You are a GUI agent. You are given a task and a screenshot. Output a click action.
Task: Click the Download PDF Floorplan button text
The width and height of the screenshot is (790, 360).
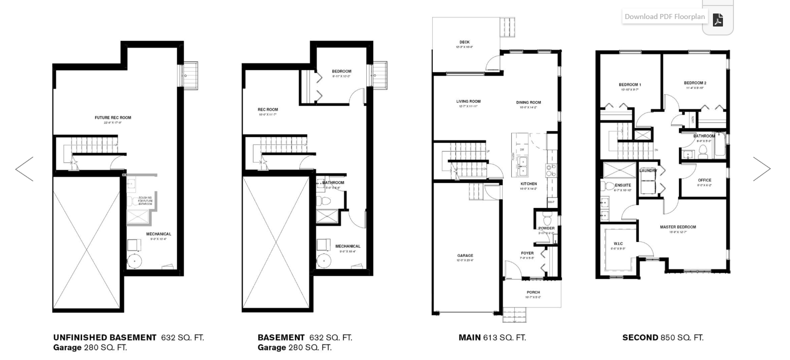click(664, 16)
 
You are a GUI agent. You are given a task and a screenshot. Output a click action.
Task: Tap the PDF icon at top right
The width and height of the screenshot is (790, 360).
click(718, 20)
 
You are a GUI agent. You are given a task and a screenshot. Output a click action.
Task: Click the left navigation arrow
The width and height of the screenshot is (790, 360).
click(24, 169)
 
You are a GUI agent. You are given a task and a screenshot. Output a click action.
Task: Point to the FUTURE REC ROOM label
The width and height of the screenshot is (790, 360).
click(113, 118)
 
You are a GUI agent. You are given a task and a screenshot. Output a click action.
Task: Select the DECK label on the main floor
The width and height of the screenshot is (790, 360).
click(464, 42)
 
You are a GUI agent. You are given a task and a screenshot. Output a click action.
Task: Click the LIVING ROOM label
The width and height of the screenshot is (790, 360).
click(468, 101)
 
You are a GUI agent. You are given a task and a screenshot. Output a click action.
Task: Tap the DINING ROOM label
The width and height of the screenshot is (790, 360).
click(528, 102)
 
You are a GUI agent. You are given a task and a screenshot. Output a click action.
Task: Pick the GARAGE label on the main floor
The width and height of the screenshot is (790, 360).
click(465, 255)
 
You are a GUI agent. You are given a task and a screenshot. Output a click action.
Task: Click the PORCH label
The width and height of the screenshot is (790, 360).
click(533, 292)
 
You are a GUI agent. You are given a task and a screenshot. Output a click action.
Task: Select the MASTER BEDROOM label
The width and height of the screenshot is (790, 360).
click(677, 227)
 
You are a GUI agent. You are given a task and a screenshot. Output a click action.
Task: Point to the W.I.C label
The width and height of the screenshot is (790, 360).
click(618, 244)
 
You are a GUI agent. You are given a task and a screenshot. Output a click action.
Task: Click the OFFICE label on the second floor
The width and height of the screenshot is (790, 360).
click(704, 180)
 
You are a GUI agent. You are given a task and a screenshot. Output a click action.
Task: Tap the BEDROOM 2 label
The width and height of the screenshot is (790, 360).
click(695, 83)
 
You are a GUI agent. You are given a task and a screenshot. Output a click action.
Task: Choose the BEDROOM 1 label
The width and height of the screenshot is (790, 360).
click(629, 84)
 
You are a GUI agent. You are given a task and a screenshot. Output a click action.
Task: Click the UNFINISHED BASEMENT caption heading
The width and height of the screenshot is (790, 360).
click(105, 337)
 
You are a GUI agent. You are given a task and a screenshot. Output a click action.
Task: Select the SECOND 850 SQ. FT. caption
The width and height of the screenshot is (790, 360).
click(662, 337)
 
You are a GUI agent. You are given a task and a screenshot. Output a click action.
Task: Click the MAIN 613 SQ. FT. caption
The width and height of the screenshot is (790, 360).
click(492, 337)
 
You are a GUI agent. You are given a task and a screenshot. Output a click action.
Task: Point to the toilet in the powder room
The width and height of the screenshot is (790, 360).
click(546, 220)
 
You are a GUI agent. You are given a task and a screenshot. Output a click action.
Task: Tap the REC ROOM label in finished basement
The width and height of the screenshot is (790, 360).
click(268, 109)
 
